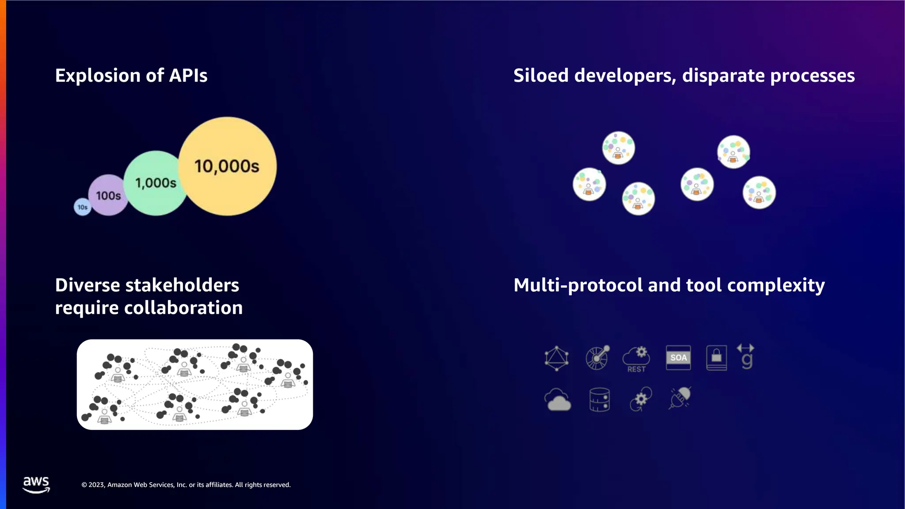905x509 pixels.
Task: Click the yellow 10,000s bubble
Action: [228, 166]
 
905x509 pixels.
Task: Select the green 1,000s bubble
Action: [156, 183]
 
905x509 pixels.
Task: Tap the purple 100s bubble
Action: [108, 195]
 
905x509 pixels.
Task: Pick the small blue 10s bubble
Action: [83, 207]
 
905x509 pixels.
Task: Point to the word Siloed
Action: [541, 76]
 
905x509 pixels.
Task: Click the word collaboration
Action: [183, 308]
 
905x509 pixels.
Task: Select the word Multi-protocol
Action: [578, 285]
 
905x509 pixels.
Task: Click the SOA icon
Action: [678, 357]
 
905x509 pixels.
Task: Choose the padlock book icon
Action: [716, 357]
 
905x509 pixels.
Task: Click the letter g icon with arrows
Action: [746, 357]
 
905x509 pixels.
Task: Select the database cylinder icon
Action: [600, 400]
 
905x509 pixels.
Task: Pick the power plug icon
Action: [680, 398]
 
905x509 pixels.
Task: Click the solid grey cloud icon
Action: [558, 400]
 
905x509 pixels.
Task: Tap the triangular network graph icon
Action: [556, 358]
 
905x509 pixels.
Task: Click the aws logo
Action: [36, 484]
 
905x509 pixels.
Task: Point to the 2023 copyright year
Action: [96, 485]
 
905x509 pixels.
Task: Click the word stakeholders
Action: [182, 285]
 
